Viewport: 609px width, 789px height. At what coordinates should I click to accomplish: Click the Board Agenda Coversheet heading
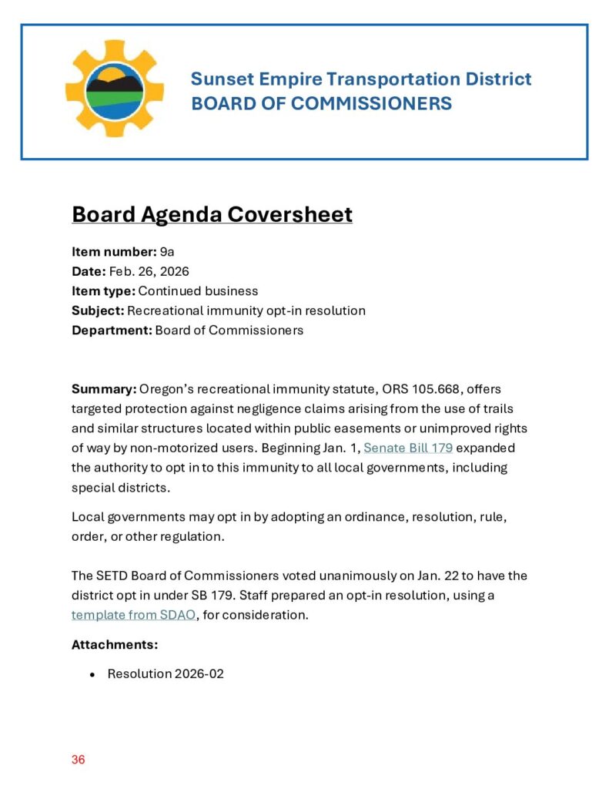(x=212, y=214)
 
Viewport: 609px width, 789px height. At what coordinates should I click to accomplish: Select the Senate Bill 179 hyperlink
(x=408, y=448)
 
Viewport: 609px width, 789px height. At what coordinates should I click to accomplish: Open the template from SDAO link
(x=133, y=615)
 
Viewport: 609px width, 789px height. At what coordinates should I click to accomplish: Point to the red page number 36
(x=79, y=760)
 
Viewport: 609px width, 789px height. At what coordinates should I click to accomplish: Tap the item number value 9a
(x=168, y=251)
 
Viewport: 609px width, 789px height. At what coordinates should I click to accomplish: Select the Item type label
(x=103, y=291)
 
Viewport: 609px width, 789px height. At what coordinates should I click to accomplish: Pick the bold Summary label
(x=104, y=388)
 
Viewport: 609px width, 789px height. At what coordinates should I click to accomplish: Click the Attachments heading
(x=115, y=644)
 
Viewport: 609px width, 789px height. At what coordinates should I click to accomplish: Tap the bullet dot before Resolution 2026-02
(x=92, y=674)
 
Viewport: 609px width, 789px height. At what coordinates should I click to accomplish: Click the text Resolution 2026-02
(x=166, y=674)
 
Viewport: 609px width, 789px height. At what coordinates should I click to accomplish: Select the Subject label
(x=98, y=311)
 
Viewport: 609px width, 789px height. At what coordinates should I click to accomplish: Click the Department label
(x=112, y=331)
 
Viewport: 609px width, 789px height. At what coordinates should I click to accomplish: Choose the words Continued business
(x=198, y=291)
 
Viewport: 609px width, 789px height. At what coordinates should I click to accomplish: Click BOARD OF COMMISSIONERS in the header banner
(x=321, y=103)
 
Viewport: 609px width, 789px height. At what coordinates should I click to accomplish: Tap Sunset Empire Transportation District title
(x=361, y=79)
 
